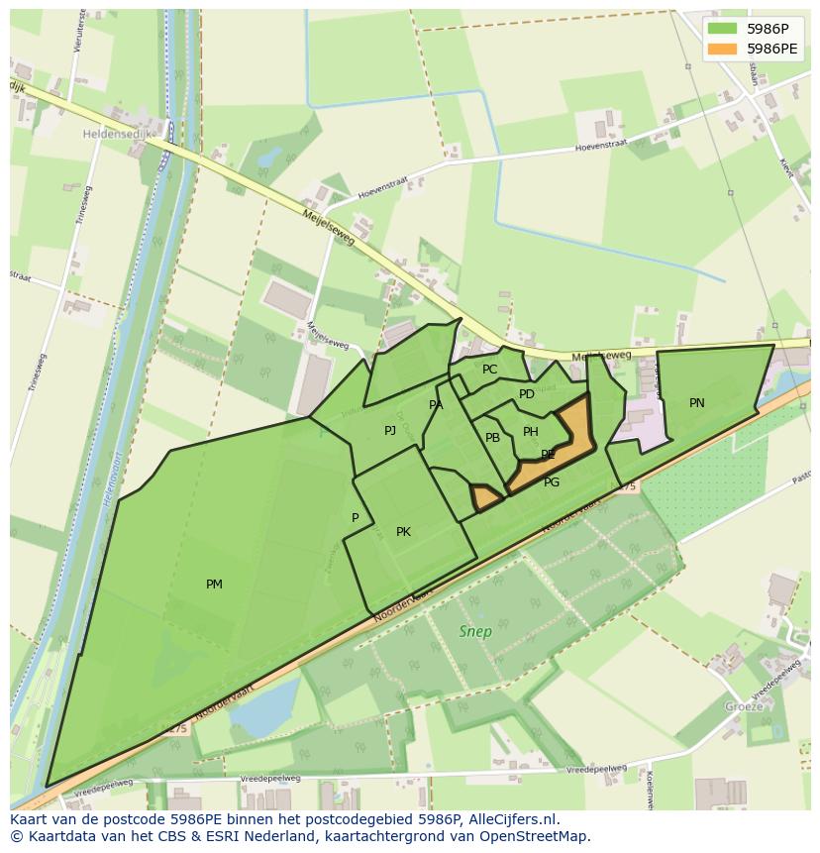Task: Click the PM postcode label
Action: tap(214, 585)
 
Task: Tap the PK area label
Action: tap(403, 532)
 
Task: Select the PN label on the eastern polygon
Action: tap(697, 403)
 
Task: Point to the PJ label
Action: tap(390, 430)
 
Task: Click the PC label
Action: tap(489, 370)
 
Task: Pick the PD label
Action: tap(527, 394)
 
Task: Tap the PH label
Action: tap(531, 432)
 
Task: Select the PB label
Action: tap(492, 438)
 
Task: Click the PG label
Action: tap(552, 482)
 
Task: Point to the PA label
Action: tap(436, 405)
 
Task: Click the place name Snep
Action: tap(474, 631)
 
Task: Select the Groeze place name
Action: tap(744, 706)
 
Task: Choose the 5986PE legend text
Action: tap(772, 48)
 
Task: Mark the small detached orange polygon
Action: tap(484, 498)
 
